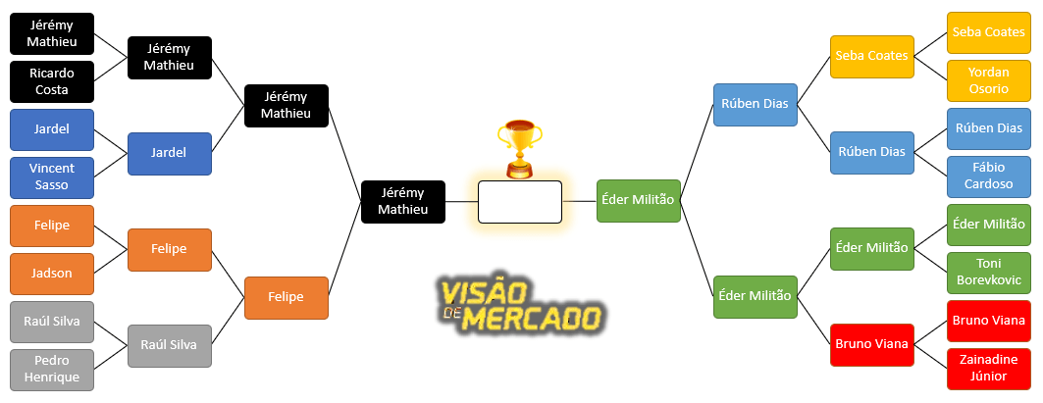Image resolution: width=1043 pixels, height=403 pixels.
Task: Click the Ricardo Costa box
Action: (x=52, y=81)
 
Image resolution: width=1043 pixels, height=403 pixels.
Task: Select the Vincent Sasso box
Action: (x=52, y=177)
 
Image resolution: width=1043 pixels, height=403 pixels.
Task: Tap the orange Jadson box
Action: (x=52, y=274)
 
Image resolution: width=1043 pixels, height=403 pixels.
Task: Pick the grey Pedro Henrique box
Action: (x=52, y=369)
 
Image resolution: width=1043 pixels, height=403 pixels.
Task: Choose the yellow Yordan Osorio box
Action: (x=988, y=80)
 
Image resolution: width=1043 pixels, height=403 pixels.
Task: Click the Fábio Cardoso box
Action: (x=988, y=176)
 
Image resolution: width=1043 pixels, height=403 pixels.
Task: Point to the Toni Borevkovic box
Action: (x=988, y=273)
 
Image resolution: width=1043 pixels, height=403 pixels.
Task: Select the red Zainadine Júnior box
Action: (x=988, y=368)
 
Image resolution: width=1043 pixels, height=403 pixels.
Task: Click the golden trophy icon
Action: (x=519, y=147)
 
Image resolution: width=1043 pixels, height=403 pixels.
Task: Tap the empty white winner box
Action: (x=519, y=202)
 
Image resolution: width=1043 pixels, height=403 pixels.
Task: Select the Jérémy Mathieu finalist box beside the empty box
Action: (x=403, y=201)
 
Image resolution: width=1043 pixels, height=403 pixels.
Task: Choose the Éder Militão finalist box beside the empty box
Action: (x=638, y=200)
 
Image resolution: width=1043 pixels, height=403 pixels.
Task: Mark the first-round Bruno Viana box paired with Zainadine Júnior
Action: (x=988, y=321)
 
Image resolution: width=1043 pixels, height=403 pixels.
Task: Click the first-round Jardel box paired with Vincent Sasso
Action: (x=52, y=129)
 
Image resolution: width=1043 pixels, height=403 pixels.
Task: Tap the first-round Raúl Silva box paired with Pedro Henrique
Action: (x=52, y=321)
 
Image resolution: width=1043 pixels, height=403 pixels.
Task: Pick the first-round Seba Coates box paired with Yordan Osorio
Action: (x=988, y=32)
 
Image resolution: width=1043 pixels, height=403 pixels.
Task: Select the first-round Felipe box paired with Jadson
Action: (x=52, y=226)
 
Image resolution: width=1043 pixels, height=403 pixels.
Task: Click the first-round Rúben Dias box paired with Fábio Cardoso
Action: (x=988, y=128)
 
